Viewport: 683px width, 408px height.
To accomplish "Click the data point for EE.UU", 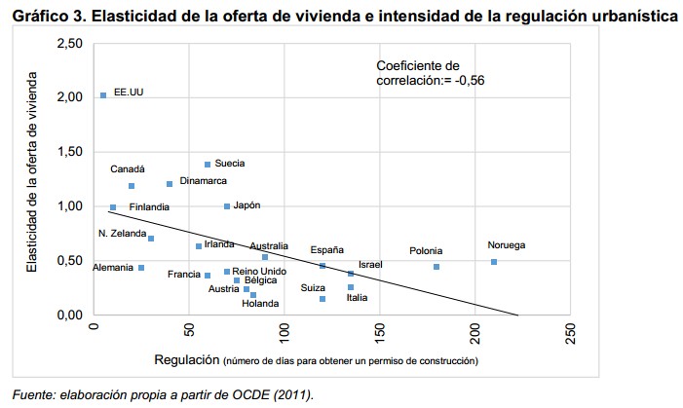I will coord(103,95).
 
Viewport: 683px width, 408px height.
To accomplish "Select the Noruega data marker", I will coord(494,262).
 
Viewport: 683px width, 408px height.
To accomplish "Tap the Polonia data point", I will coord(436,267).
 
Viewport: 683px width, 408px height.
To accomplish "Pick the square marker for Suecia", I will coord(208,165).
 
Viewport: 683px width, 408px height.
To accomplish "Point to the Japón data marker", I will coord(227,206).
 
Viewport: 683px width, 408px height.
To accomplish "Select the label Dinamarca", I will coord(204,181).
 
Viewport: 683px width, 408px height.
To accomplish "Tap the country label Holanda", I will coord(260,304).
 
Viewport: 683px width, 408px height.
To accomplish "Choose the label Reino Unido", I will coord(260,272).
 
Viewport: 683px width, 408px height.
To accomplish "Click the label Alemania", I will coord(113,268).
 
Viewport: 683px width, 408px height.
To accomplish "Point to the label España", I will coord(326,250).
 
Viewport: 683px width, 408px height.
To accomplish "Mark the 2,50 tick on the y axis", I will coord(69,44).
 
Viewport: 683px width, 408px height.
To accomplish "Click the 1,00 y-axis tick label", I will coord(69,206).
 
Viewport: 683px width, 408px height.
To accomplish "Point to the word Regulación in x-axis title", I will coord(186,360).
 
